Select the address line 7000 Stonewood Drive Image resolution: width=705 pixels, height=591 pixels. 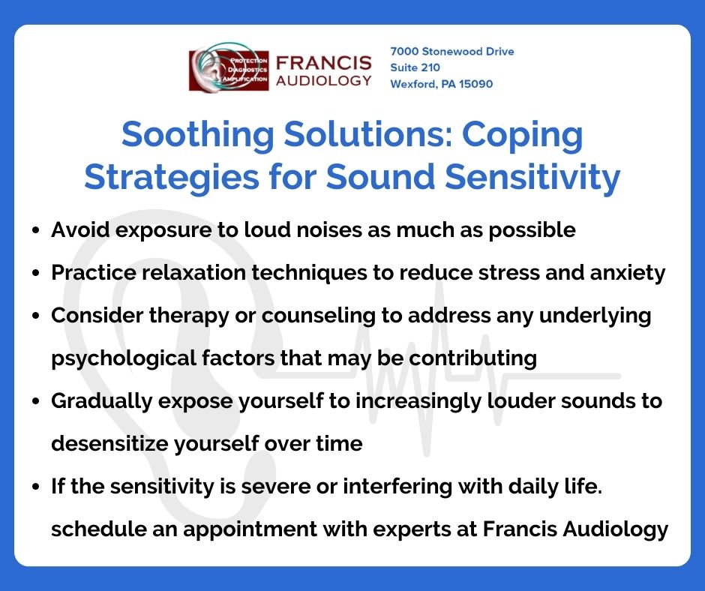451,52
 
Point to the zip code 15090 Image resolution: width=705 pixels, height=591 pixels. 475,84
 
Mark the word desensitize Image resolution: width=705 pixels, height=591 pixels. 107,443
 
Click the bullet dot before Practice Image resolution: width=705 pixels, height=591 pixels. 37,274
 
